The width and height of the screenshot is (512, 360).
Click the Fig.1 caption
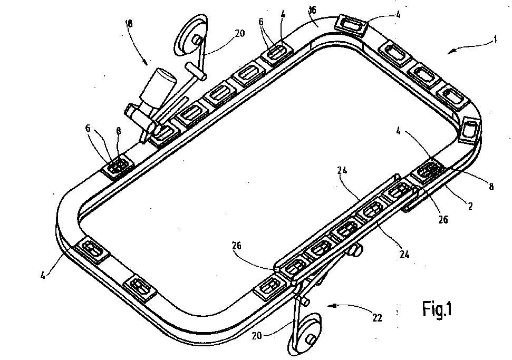click(437, 309)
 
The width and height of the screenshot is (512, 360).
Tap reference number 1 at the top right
click(495, 40)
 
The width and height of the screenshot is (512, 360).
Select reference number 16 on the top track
click(312, 11)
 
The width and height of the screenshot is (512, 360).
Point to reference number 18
click(129, 23)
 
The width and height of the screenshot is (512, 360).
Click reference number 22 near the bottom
click(377, 317)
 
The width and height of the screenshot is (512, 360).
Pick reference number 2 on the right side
click(470, 206)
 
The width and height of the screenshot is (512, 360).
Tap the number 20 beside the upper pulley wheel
click(240, 33)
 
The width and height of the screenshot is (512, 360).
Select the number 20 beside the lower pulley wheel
click(257, 335)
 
